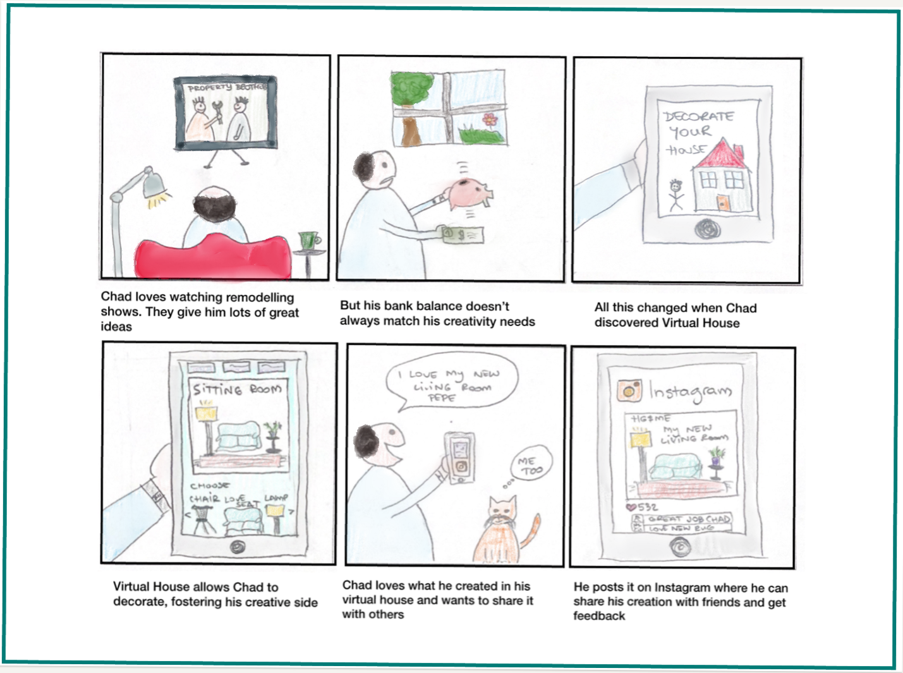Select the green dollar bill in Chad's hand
tap(462, 235)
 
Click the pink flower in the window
tap(490, 119)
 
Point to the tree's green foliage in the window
tap(409, 89)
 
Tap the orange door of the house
tap(724, 203)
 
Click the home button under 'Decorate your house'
tap(708, 227)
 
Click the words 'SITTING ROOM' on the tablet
tap(237, 389)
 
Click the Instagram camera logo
tap(629, 391)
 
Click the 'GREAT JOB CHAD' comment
tap(688, 519)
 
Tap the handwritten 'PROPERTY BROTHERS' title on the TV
tap(226, 88)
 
